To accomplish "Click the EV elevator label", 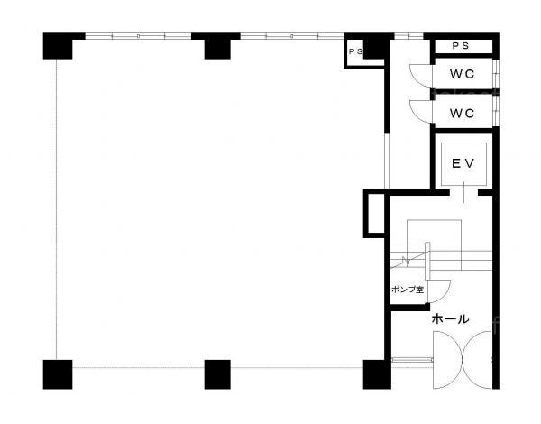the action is pos(463,163).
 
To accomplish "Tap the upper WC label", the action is pos(462,74).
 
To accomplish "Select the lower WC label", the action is pos(462,113).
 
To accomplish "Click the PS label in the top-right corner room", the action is pos(461,46).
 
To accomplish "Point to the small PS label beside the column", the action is pos(356,51).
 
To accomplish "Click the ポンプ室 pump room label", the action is pos(408,290).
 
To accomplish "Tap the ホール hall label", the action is pos(450,319).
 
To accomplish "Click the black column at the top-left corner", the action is pos(58,46).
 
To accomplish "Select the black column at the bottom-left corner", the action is pos(58,374).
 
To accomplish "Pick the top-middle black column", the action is pos(217,46).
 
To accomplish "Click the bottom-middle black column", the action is pos(217,374).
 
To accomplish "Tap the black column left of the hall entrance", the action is pos(377,374).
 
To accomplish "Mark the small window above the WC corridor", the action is pos(408,36).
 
